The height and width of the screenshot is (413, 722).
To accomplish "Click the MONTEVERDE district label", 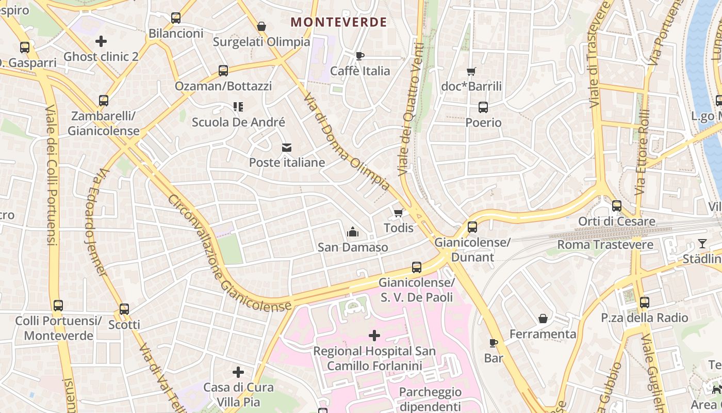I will (338, 22).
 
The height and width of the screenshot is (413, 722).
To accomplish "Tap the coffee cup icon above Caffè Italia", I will (360, 56).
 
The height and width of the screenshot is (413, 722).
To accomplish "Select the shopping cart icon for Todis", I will (398, 213).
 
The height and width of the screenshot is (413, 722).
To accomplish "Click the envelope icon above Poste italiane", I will (287, 148).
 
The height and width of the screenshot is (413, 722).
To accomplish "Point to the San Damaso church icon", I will (353, 232).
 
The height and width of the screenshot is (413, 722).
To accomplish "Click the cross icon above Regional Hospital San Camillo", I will (374, 336).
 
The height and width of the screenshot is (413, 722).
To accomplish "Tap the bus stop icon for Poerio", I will (483, 107).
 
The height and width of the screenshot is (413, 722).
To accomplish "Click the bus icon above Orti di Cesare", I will (616, 206).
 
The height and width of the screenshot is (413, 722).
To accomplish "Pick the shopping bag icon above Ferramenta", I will (543, 319).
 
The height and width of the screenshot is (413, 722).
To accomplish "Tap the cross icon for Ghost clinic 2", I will (101, 41).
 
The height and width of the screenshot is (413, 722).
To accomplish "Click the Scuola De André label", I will (238, 122).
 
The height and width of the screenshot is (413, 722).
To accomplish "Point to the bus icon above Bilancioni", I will (176, 18).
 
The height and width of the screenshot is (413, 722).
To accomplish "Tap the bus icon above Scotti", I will (124, 309).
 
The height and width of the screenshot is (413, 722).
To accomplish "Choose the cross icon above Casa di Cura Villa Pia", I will (238, 372).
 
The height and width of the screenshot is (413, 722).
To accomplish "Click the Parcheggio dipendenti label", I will (430, 399).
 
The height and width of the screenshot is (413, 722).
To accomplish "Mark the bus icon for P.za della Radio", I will (644, 303).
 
